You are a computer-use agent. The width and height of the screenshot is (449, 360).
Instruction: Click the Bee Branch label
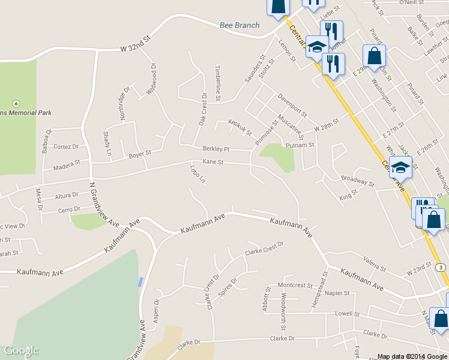pos(240,25)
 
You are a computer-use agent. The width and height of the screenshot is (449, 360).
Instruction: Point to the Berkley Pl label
pos(216,148)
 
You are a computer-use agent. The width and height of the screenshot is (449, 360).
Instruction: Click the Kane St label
pos(213,162)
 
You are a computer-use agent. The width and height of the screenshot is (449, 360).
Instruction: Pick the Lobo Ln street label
pos(197,175)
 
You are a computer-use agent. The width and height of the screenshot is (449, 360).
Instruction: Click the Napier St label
pos(337,293)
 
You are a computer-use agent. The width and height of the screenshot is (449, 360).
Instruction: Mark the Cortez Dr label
pos(66,146)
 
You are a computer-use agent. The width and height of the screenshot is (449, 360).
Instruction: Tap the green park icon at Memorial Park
pos(16,103)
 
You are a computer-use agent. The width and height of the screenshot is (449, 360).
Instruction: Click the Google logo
pos(21,350)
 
